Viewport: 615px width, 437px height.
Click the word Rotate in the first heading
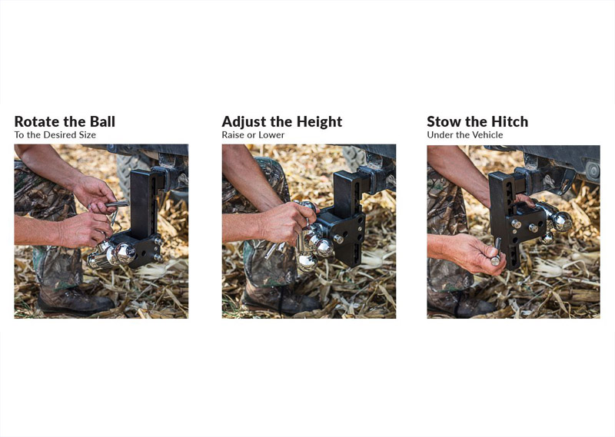pos(37,121)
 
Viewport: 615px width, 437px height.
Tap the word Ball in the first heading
pos(102,121)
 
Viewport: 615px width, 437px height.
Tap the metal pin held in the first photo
pos(117,204)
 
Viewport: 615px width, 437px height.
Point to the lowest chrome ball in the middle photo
pos(307,263)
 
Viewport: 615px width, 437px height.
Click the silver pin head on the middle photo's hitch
pos(337,238)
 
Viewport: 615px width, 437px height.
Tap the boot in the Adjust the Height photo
pos(281,302)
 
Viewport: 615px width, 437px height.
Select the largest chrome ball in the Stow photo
pos(562,221)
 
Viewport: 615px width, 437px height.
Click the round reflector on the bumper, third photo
pos(593,170)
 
